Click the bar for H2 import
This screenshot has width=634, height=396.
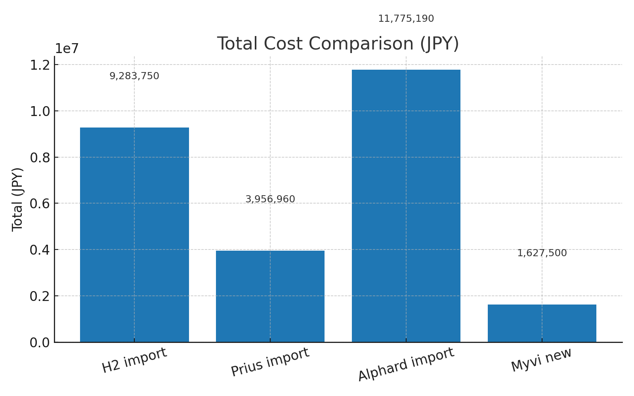click(134, 234)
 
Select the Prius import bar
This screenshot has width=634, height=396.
click(270, 296)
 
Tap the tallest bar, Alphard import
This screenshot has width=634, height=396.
click(406, 206)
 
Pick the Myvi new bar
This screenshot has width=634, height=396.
click(542, 323)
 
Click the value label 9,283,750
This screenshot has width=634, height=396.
click(134, 76)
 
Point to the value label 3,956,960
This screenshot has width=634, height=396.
click(270, 199)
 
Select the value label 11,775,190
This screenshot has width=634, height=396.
click(406, 19)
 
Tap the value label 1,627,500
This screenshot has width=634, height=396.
click(542, 253)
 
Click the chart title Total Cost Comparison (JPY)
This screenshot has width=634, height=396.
click(338, 44)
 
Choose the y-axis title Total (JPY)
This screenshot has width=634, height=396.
click(17, 199)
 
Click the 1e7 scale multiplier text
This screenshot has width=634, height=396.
click(67, 49)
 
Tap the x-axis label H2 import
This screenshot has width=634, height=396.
click(134, 360)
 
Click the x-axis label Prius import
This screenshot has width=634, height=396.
click(270, 362)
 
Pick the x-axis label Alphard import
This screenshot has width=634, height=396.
click(406, 364)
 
